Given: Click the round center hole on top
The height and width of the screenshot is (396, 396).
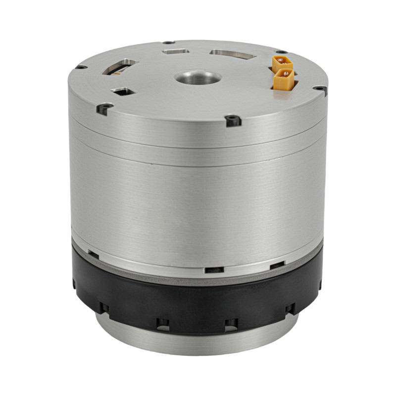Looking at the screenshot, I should click(198, 78).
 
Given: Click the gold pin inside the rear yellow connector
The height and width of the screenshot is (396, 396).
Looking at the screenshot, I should click(281, 61).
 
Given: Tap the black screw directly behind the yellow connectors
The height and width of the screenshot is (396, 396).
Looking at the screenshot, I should click(280, 52).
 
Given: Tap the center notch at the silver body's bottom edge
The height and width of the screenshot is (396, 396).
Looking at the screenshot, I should click(213, 270).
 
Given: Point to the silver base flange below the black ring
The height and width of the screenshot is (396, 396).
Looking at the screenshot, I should click(198, 342).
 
